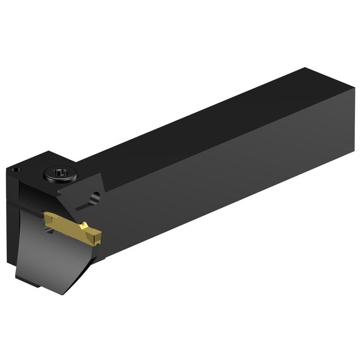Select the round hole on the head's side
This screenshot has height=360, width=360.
(96, 197)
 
